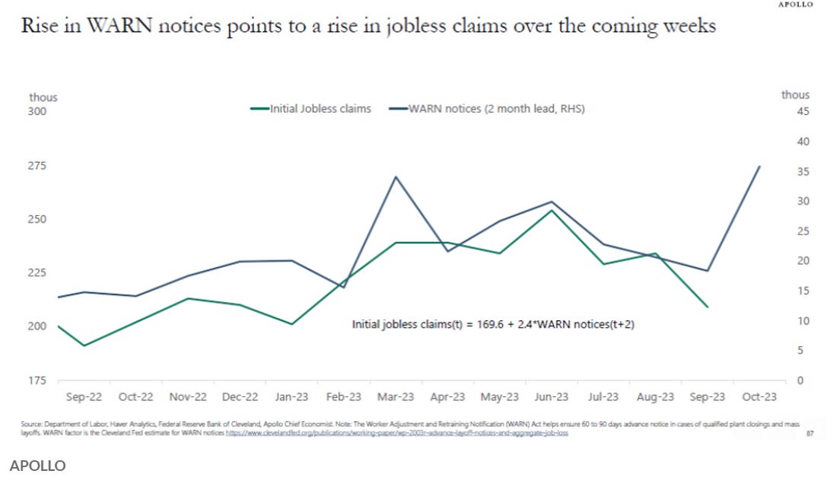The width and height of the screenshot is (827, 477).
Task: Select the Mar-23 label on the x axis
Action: click(x=396, y=397)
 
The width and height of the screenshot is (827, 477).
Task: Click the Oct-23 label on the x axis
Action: click(x=759, y=397)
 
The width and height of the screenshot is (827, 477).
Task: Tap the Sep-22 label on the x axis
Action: click(x=84, y=397)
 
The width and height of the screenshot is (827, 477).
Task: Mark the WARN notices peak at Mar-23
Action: click(x=396, y=176)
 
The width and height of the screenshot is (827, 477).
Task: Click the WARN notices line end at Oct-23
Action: click(x=759, y=166)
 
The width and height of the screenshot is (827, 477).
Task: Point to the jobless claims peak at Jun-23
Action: click(x=552, y=209)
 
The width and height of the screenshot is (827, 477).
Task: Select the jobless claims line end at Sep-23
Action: click(x=708, y=307)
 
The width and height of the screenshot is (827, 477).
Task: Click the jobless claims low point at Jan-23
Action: click(x=291, y=324)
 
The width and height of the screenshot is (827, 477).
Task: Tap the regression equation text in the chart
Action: click(x=493, y=324)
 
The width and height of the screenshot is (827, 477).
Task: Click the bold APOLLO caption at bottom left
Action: click(x=38, y=465)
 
